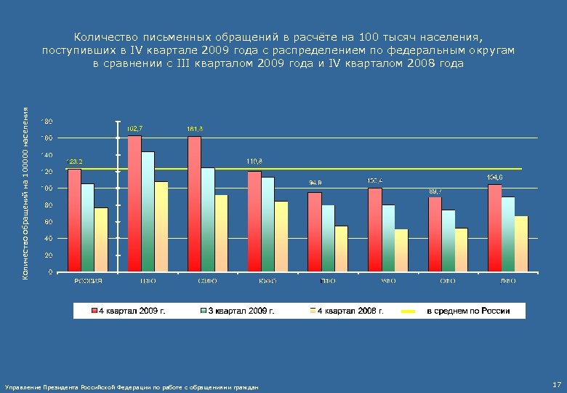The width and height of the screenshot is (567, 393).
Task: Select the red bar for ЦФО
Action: (x=134, y=204)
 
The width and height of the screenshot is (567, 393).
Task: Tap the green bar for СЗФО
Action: (x=208, y=220)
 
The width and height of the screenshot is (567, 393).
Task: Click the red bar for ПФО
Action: (x=314, y=232)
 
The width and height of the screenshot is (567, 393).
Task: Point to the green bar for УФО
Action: (x=388, y=238)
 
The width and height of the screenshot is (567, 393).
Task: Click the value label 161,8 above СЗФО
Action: (x=195, y=129)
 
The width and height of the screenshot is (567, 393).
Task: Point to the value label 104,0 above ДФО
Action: (x=495, y=177)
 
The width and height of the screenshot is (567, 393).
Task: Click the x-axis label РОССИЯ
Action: (x=88, y=280)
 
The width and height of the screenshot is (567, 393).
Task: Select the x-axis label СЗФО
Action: (x=208, y=280)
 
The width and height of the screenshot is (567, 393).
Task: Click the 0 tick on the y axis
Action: (x=49, y=272)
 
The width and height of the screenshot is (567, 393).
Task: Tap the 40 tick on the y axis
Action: (x=48, y=239)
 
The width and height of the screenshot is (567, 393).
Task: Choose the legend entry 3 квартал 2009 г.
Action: (x=241, y=311)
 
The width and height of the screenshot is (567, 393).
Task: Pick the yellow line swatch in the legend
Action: (x=408, y=311)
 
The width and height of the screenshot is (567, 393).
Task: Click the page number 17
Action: (x=556, y=384)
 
